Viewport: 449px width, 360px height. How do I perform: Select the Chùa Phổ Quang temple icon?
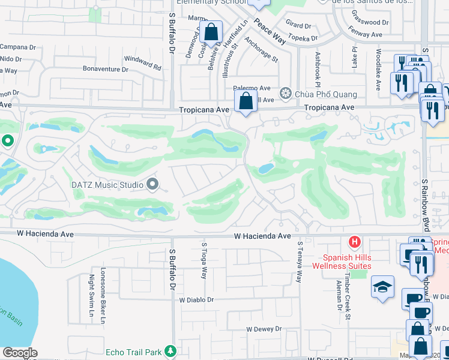tap(286, 94)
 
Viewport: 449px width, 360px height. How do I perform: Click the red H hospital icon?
tap(355, 242)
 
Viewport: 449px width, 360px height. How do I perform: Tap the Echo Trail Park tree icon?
tap(171, 350)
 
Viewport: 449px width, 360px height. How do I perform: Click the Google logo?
tap(20, 353)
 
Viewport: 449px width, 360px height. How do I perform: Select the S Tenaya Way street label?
tap(300, 262)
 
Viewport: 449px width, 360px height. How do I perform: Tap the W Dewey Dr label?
tap(264, 329)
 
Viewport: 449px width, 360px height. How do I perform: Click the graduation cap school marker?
tap(382, 287)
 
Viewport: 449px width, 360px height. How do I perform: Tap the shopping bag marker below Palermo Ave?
tap(246, 101)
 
